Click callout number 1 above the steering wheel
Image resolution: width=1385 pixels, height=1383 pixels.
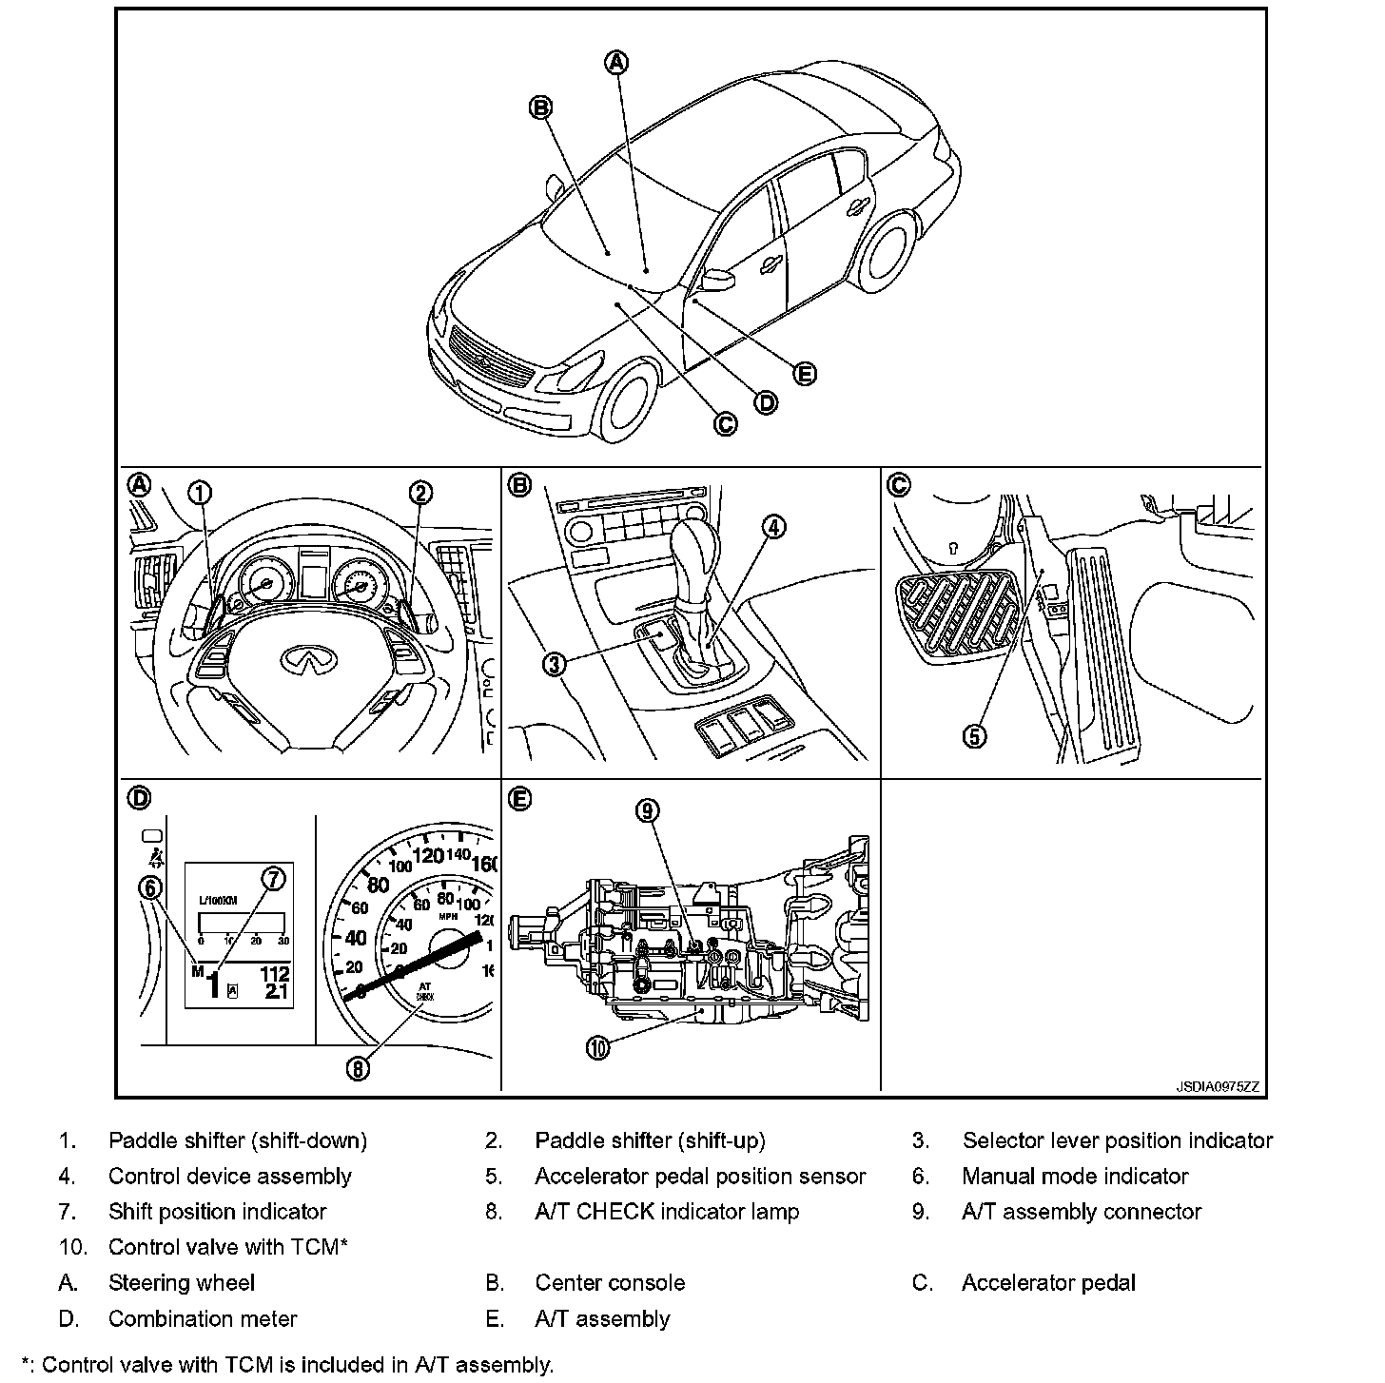(x=200, y=493)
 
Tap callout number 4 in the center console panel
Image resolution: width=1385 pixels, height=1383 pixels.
(x=775, y=526)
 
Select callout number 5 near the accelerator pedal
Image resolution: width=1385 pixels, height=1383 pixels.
(x=975, y=736)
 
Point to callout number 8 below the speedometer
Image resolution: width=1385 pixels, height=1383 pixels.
(x=358, y=1069)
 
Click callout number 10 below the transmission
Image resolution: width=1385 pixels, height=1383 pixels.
(x=597, y=1048)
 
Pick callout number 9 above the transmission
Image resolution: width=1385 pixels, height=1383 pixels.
(x=647, y=810)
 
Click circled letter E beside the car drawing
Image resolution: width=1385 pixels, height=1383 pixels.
(x=805, y=374)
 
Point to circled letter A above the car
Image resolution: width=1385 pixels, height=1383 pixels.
(x=617, y=63)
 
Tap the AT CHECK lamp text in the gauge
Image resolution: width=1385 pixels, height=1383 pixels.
(x=424, y=992)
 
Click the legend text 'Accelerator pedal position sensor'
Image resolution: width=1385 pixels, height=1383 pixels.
(x=700, y=1177)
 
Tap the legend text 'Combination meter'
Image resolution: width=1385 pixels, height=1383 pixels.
(x=203, y=1318)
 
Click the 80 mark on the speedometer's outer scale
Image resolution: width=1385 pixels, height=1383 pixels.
(x=379, y=886)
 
